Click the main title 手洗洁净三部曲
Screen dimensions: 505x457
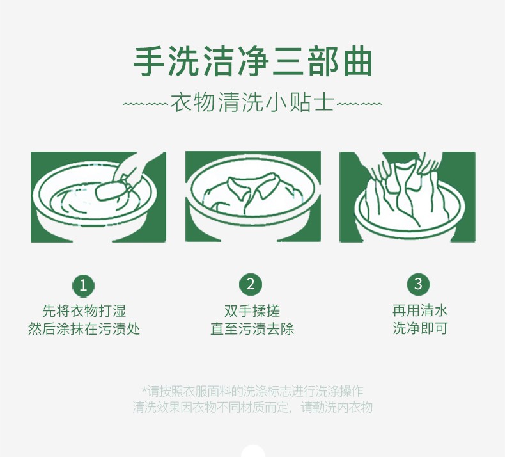(x=253, y=61)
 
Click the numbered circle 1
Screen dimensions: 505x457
(x=83, y=285)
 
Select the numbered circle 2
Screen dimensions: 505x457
(x=251, y=284)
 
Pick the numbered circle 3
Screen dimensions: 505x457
(x=418, y=284)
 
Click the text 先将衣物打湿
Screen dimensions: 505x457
(x=84, y=311)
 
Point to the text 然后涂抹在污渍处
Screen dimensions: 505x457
(x=84, y=329)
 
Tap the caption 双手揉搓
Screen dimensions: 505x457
(x=252, y=311)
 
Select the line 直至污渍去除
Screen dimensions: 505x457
(x=252, y=329)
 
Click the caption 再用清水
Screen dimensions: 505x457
(x=420, y=310)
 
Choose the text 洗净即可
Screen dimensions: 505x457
(x=420, y=328)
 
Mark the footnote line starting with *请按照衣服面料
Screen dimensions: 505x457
(x=252, y=391)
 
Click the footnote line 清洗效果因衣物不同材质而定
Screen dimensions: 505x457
(x=213, y=407)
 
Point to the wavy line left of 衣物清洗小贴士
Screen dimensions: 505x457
(x=145, y=104)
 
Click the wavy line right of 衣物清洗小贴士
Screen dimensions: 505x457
(x=359, y=104)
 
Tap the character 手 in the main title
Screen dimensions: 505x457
(x=148, y=61)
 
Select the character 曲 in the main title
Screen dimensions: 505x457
(x=358, y=61)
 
